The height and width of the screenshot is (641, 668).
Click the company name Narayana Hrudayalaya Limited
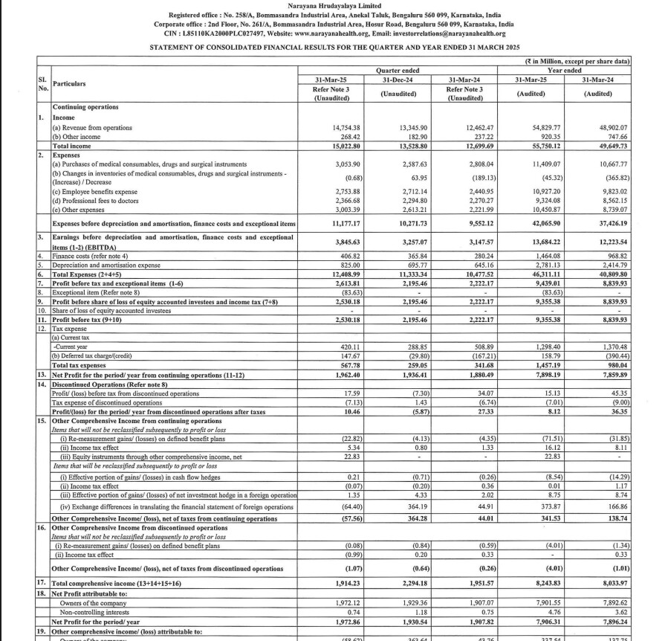tap(334, 5)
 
